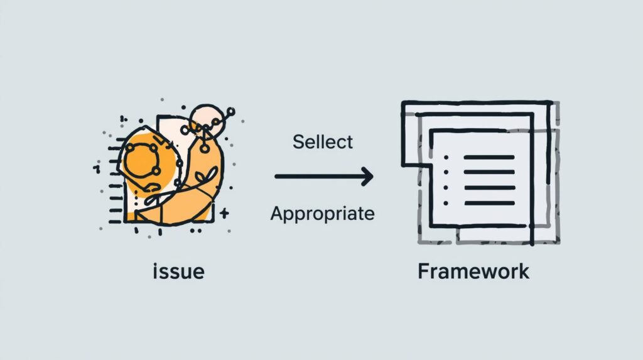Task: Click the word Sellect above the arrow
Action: pyautogui.click(x=323, y=141)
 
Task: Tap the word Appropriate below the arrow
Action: pyautogui.click(x=322, y=214)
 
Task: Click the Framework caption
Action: pyautogui.click(x=473, y=271)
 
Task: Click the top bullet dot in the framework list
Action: pyautogui.click(x=445, y=157)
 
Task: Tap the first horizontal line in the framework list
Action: pyautogui.click(x=489, y=157)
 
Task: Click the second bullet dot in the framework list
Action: pyautogui.click(x=445, y=172)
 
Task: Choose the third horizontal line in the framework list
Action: pyautogui.click(x=489, y=187)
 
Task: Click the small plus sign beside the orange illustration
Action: pyautogui.click(x=225, y=214)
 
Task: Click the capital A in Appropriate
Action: pyautogui.click(x=276, y=214)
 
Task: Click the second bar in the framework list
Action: pyautogui.click(x=489, y=172)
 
